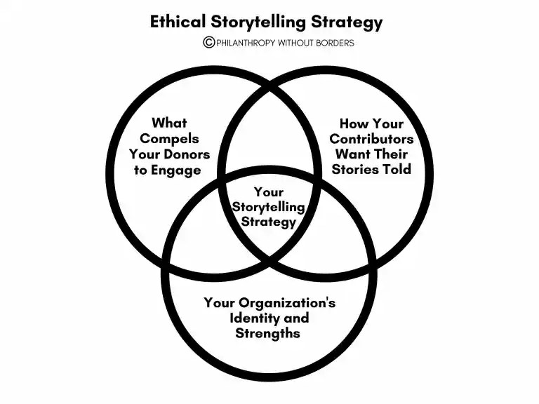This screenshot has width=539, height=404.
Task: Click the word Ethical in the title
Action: coord(178,21)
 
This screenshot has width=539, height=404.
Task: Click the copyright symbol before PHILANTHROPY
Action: coord(208,42)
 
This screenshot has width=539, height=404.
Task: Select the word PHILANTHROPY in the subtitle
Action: coord(246,43)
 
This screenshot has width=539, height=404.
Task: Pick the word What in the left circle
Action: coord(169,123)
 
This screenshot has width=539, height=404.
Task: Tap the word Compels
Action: coord(169,139)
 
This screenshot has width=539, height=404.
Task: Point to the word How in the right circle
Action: coord(354,123)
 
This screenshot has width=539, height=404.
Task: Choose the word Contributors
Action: coord(371,139)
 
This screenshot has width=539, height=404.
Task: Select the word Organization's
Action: coord(287,303)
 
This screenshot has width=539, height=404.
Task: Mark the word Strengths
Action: coord(268,334)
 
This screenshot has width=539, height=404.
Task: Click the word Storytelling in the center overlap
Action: coord(269,207)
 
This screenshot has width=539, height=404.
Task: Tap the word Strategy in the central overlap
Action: coord(269,222)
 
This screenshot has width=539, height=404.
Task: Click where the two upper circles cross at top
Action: coord(269,86)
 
